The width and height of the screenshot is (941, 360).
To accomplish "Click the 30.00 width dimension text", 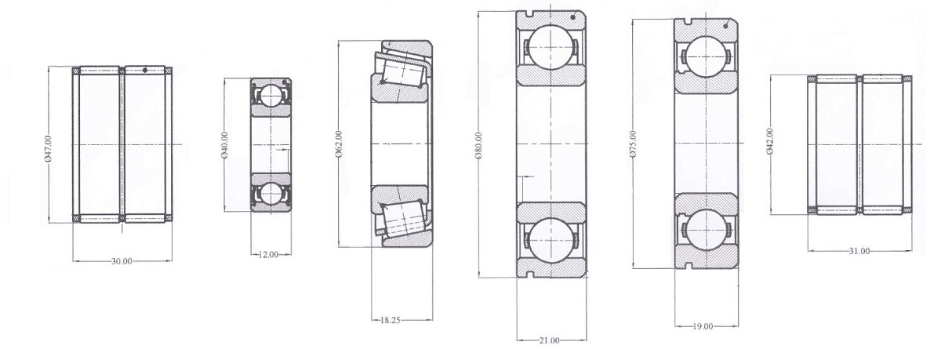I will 121,261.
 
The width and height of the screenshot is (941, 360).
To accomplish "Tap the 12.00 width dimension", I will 271,254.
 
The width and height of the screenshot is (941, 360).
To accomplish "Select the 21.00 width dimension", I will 550,340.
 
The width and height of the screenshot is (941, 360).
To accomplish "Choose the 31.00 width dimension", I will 859,251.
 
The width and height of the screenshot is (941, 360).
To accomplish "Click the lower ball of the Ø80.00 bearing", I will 550,240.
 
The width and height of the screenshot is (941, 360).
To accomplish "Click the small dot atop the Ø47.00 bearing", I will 146,71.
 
